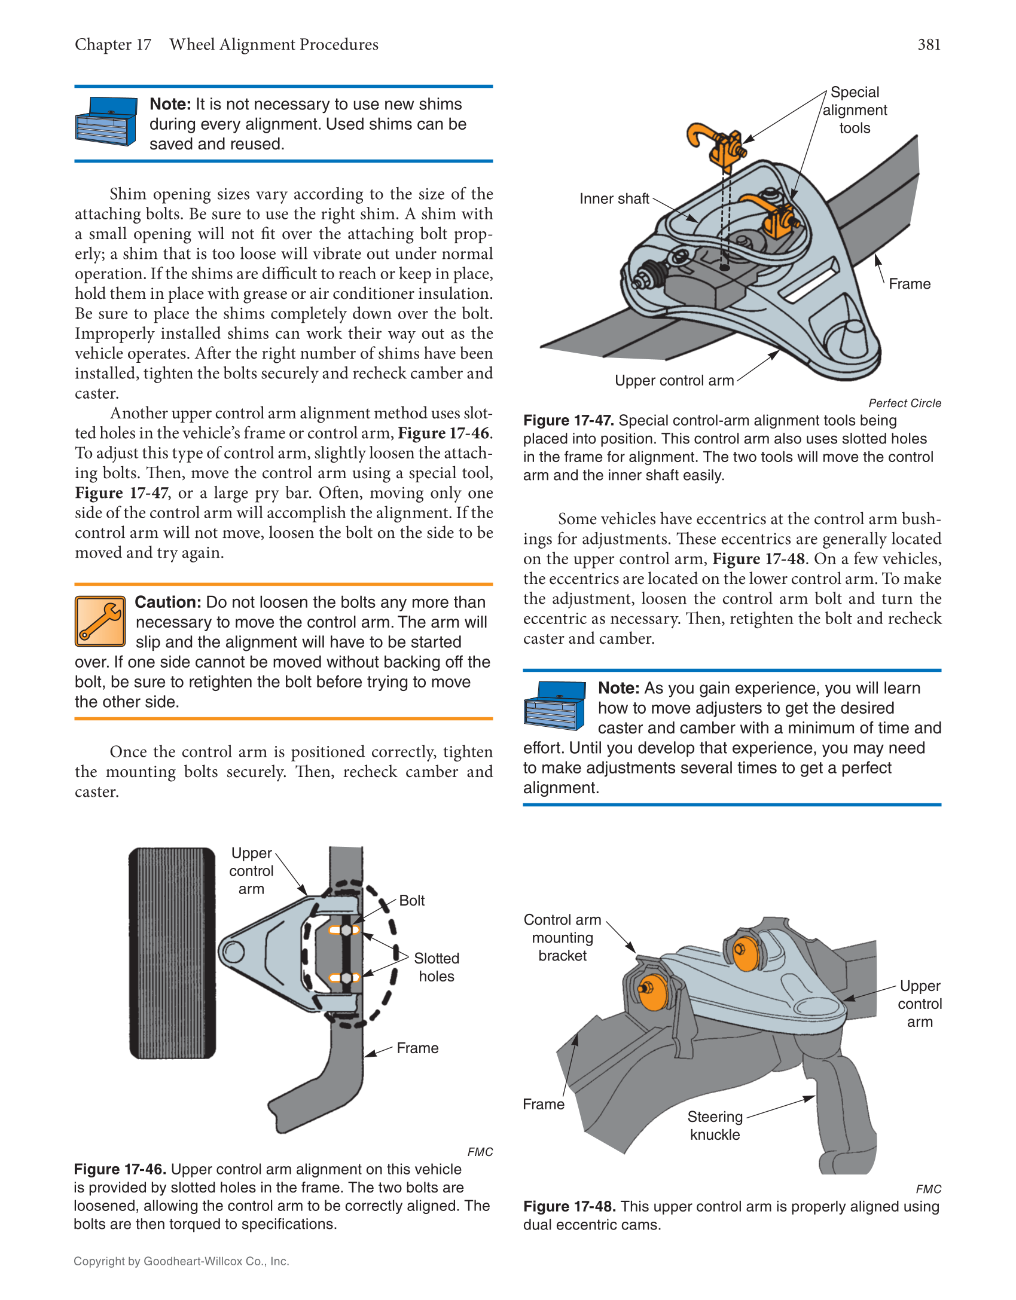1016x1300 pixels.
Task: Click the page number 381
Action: (929, 45)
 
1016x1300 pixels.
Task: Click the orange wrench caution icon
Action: (100, 621)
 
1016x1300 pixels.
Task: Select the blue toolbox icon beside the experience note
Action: (554, 705)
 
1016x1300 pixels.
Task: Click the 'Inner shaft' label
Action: (614, 199)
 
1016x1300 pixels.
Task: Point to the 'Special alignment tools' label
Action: (855, 110)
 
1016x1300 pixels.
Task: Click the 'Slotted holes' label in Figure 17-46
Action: (437, 967)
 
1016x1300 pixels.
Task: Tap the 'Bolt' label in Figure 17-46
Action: (411, 900)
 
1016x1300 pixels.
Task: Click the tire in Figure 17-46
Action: (172, 953)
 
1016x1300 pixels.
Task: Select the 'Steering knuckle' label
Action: (715, 1125)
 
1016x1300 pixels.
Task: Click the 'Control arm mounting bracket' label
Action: (562, 937)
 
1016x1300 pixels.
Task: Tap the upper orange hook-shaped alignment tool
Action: (715, 144)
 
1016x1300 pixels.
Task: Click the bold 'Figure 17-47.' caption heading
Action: (568, 420)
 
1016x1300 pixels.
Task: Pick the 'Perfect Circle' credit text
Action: (904, 403)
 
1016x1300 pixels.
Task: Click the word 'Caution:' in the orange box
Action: (168, 602)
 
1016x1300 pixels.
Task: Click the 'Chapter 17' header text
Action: (113, 45)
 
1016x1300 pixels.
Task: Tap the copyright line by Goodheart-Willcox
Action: (181, 1261)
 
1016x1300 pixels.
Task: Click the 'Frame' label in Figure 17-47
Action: (909, 284)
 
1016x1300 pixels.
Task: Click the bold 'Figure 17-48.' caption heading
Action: (569, 1206)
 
